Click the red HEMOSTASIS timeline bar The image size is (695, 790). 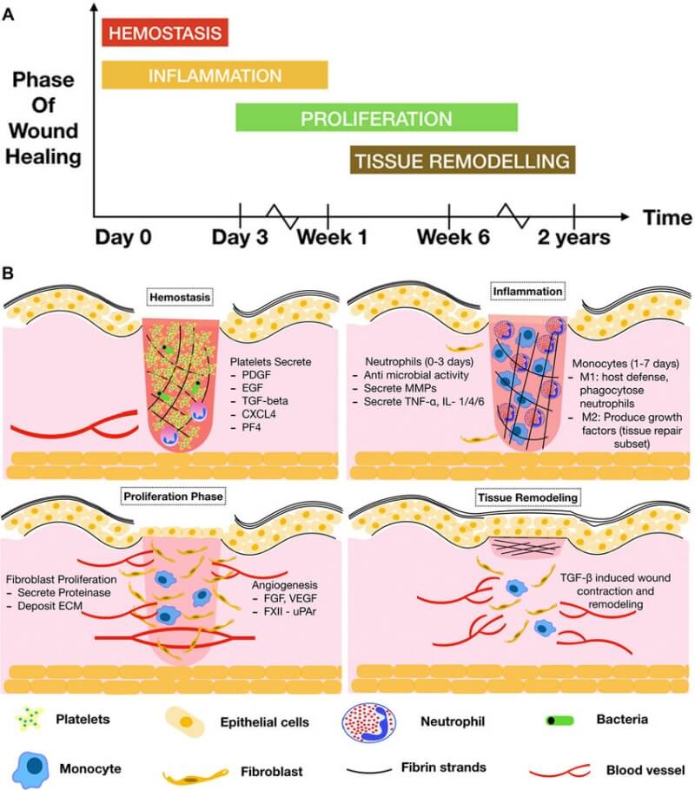(165, 33)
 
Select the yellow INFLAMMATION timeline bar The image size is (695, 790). (215, 75)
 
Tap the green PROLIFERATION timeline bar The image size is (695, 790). (377, 117)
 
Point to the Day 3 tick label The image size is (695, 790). (241, 237)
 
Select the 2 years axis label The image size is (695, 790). (573, 237)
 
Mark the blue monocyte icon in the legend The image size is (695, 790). (31, 767)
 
